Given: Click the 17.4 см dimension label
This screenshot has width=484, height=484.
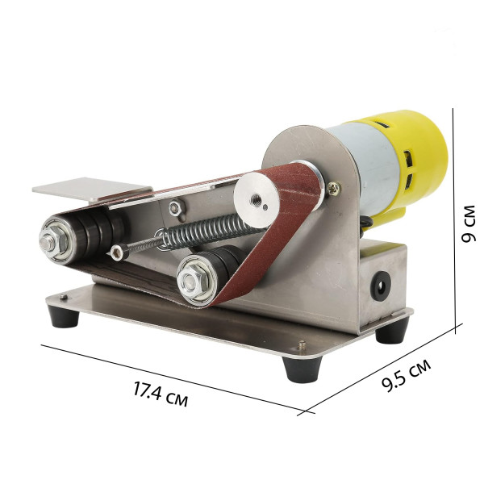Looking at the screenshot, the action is pyautogui.click(x=161, y=394).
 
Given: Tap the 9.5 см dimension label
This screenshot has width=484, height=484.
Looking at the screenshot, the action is pyautogui.click(x=406, y=375).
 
